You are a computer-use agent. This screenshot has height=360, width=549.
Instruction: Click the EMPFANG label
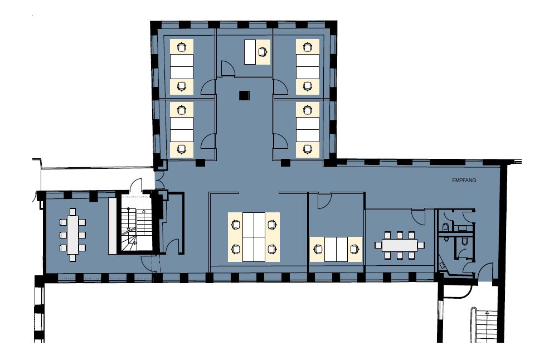coord(464,181)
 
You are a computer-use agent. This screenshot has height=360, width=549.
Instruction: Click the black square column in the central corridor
coord(244,95)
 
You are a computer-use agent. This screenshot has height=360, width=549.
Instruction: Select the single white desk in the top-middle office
coord(250,52)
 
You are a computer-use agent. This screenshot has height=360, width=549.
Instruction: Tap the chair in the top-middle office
coord(263,52)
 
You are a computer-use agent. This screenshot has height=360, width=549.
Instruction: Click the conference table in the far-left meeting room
coord(72,235)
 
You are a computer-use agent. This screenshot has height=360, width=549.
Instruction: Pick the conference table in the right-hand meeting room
coord(400,245)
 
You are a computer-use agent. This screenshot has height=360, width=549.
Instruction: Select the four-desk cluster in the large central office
coord(254,237)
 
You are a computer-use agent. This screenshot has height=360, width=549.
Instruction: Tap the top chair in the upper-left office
coord(181,47)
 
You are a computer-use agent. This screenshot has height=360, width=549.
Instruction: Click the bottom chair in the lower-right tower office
coord(308,149)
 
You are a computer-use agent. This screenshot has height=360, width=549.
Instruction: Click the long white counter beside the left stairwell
coord(112,226)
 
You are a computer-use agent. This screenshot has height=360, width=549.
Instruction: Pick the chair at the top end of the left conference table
coord(72,212)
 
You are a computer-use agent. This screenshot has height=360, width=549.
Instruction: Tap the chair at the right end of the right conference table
coord(421,245)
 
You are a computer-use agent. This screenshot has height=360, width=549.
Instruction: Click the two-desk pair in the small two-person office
coord(336,249)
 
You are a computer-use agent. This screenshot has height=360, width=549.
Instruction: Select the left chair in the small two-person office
coord(318,249)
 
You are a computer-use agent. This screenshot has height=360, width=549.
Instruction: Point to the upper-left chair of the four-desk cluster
coord(236,225)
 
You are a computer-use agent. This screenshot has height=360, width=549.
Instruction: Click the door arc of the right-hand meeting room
coord(417,217)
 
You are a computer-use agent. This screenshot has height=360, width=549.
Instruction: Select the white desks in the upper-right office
coord(308,66)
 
